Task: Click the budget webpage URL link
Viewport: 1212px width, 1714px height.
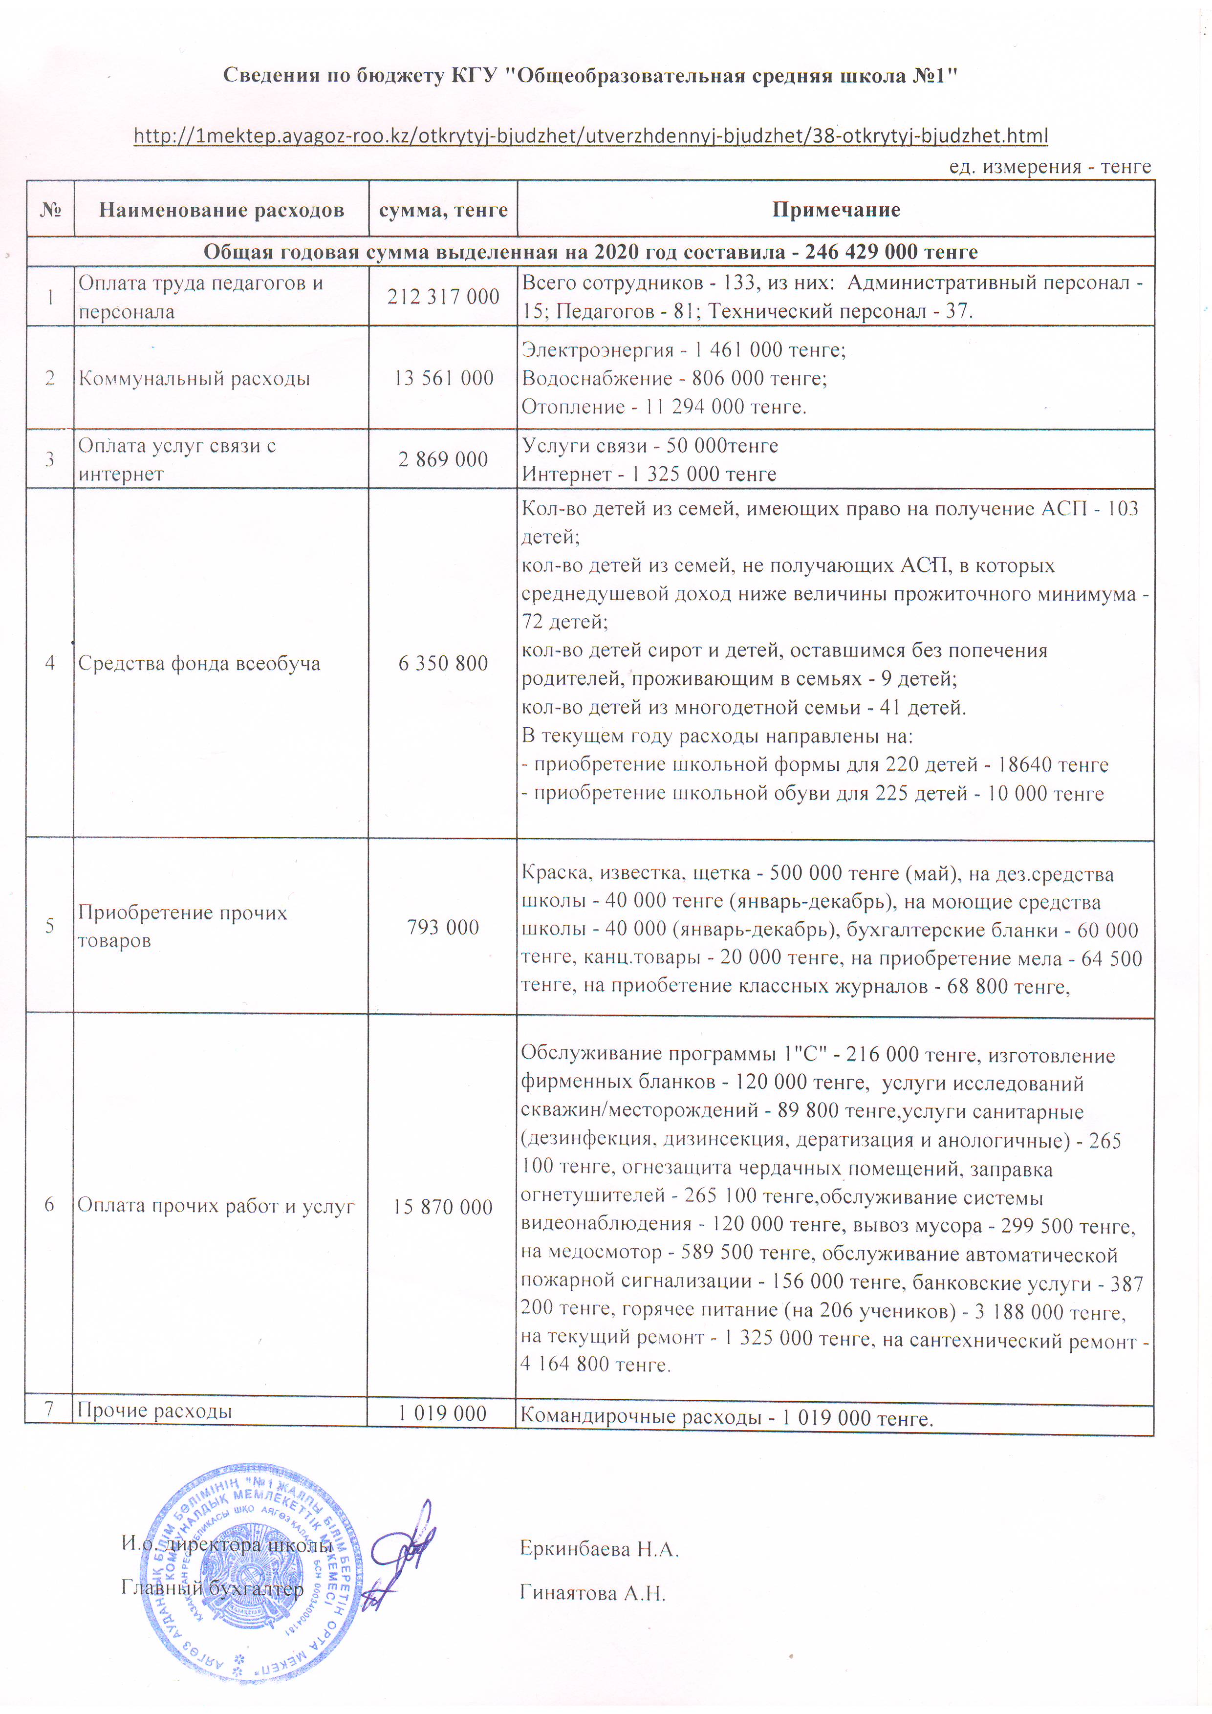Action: (x=590, y=136)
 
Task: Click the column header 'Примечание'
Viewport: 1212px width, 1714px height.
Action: (x=836, y=210)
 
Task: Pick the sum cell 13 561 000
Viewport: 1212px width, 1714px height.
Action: (x=443, y=378)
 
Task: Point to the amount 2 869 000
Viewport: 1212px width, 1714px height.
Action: (x=443, y=459)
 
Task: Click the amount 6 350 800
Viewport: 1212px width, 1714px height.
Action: (x=443, y=663)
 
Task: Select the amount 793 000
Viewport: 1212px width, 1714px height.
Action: (x=443, y=927)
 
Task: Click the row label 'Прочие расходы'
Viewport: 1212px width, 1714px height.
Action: (x=155, y=1411)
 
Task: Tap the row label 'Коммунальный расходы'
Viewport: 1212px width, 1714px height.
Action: (x=194, y=378)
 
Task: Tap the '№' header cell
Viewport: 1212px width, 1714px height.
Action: (x=50, y=210)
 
